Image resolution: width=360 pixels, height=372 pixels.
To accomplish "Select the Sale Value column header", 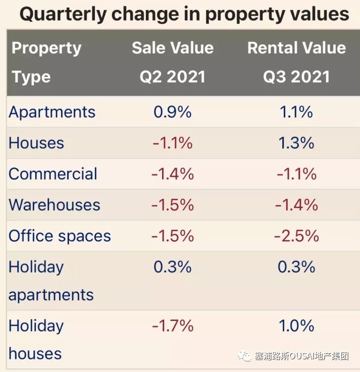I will pos(173,48).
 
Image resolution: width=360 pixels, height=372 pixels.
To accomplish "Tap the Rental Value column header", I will pos(296,48).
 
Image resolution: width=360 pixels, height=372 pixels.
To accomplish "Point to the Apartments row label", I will pos(52,112).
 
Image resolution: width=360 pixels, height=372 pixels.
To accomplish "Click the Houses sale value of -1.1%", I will pos(173,143).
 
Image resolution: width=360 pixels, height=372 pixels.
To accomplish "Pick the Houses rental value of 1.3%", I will pos(296,143).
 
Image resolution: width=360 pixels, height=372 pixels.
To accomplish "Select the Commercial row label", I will pos(53,174).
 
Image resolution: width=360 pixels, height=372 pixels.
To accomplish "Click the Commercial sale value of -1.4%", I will pos(173,174).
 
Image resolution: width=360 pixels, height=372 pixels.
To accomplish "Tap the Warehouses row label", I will pos(55,205).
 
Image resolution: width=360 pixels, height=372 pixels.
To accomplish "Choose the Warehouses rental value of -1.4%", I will pos(296,205).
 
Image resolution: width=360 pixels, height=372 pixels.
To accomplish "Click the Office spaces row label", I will pos(60,236).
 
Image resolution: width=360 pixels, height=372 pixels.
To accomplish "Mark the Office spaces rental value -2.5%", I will pos(296,236).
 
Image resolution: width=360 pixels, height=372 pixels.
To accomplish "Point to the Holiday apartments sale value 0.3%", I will pos(173,267).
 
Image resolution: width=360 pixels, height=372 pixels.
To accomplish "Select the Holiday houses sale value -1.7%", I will pos(173,326).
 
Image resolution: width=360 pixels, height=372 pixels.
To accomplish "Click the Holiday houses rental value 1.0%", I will pos(296,326).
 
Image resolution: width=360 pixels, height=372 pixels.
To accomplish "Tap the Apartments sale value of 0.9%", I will pos(173,112).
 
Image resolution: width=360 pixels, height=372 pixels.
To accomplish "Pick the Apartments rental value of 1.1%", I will pos(296,112).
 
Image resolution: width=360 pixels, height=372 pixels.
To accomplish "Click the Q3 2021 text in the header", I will pos(296,77).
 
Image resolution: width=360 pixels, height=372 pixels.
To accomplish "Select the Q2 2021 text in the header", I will pos(173,77).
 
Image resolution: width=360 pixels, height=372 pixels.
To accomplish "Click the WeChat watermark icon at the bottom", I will pos(246,356).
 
